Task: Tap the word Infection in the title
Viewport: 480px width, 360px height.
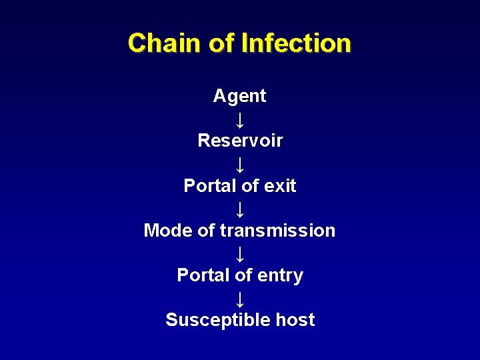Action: tap(296, 43)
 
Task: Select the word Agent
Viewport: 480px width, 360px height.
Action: tap(239, 96)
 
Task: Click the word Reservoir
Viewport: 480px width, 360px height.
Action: tap(240, 141)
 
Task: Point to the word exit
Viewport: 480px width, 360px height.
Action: tap(279, 185)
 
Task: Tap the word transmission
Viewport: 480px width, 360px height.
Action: tap(277, 231)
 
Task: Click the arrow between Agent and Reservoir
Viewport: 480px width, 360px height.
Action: tap(240, 119)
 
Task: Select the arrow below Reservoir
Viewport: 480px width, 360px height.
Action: tap(240, 163)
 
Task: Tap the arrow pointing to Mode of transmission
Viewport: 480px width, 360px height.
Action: tap(240, 209)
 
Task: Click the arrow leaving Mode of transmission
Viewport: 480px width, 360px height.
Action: tap(240, 253)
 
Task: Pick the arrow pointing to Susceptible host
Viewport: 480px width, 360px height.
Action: tap(240, 298)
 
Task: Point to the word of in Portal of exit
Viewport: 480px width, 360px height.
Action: tap(244, 185)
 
